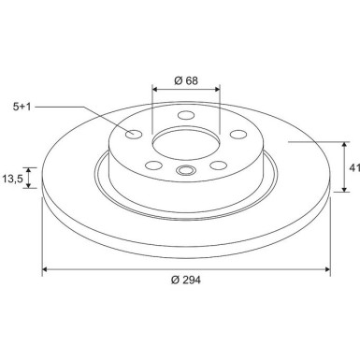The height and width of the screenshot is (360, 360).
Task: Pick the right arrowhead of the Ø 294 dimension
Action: click(327, 271)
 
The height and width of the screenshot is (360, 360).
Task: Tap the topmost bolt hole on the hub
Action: click(184, 115)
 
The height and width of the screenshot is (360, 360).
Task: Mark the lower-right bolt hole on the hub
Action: click(219, 166)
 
